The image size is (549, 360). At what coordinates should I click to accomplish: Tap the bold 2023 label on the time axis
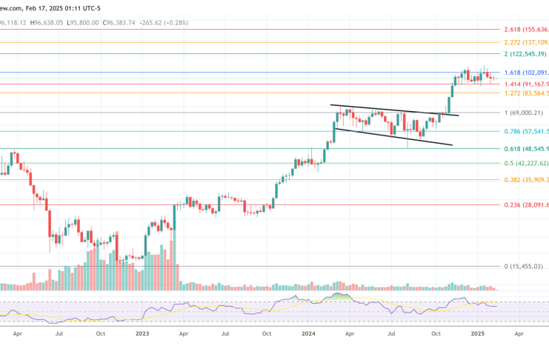[143, 334]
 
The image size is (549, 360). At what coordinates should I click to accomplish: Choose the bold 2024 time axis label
[310, 334]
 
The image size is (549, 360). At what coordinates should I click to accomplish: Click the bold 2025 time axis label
[478, 334]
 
